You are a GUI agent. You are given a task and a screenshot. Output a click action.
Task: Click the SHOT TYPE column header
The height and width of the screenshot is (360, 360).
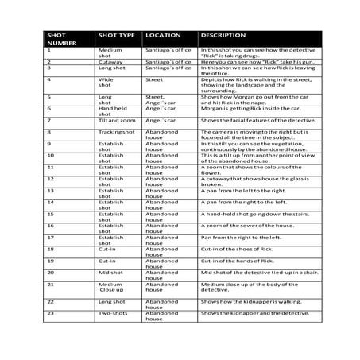115,36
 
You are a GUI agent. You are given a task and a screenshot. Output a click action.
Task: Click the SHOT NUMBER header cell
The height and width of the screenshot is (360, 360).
57,40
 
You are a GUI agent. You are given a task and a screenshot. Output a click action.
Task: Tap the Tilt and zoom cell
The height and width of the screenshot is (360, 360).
115,121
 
